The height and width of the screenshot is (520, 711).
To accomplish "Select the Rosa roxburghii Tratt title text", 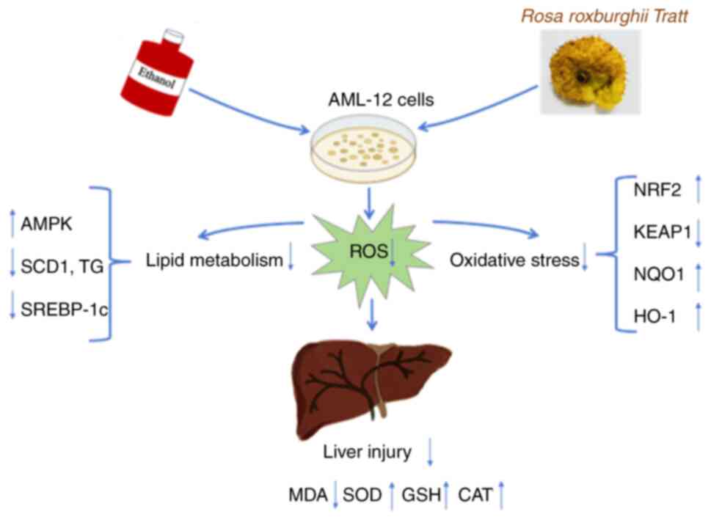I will (604, 15).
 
